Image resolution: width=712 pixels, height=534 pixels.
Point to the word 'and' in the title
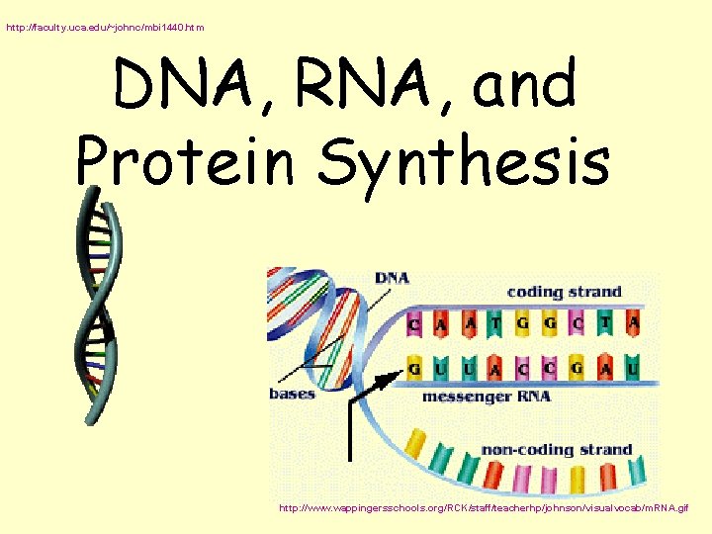point(524,85)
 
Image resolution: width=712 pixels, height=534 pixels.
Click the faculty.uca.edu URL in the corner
point(105,28)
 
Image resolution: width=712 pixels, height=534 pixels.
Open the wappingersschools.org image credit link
point(484,508)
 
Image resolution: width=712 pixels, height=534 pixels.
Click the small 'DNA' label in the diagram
point(392,278)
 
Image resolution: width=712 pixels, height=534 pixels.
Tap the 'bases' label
point(293,393)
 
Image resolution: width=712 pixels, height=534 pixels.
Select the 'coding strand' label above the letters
point(564,292)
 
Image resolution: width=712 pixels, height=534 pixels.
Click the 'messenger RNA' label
point(486,397)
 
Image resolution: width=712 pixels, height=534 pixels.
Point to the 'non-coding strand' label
point(556,450)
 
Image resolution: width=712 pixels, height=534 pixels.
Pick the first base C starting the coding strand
point(414,322)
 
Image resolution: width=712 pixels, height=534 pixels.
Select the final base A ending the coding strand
point(633,322)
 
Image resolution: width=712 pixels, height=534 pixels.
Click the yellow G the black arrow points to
point(414,370)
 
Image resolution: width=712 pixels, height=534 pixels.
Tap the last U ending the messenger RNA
point(633,370)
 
